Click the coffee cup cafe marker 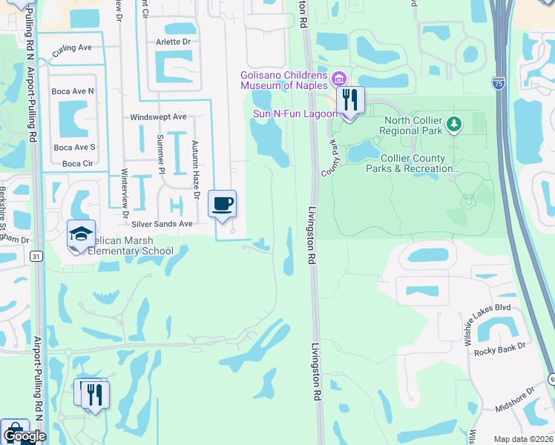coord(223,203)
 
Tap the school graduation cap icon coord(80,234)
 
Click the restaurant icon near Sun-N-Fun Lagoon coord(350,99)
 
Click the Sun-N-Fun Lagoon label coord(295,113)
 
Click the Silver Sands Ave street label coord(162,223)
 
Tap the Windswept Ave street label coord(158,117)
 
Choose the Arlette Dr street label coord(173,42)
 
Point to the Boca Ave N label coord(73,90)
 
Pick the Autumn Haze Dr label coord(196,170)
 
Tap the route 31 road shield coord(36,256)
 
